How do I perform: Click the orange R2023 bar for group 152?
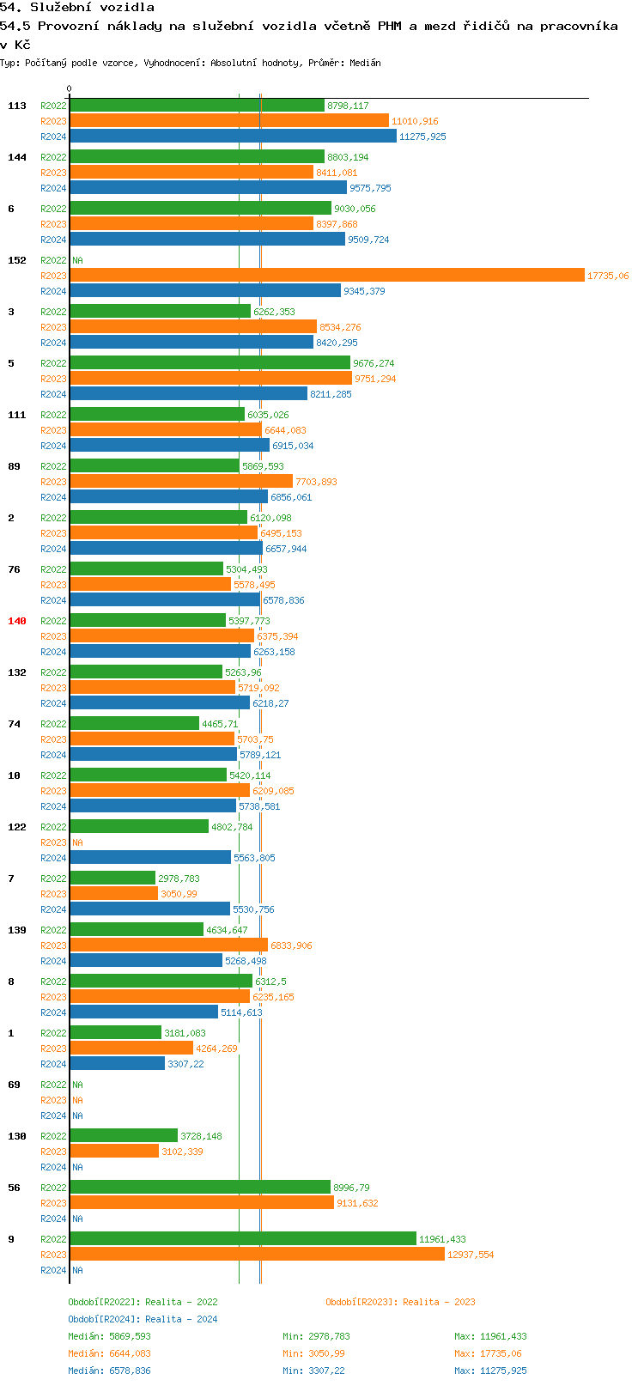point(326,276)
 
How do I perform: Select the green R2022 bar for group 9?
point(243,1239)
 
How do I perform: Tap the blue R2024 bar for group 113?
point(233,137)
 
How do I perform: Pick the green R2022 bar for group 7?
point(112,878)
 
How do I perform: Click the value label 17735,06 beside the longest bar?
point(608,276)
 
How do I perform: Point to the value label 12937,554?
point(471,1255)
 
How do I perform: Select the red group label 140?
point(17,621)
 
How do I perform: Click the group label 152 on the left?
point(17,260)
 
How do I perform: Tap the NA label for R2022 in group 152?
point(77,260)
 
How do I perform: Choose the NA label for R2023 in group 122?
point(77,842)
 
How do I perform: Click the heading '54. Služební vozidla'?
point(77,8)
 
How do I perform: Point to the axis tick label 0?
point(70,88)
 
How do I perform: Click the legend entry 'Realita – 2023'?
point(400,1302)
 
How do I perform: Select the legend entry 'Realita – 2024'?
point(143,1319)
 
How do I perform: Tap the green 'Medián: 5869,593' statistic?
point(109,1336)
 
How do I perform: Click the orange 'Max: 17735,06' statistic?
point(488,1353)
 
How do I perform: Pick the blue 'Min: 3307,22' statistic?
point(313,1371)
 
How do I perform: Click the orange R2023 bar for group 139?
point(168,945)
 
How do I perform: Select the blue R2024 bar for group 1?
point(117,1064)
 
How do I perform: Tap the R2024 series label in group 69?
point(53,1115)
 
